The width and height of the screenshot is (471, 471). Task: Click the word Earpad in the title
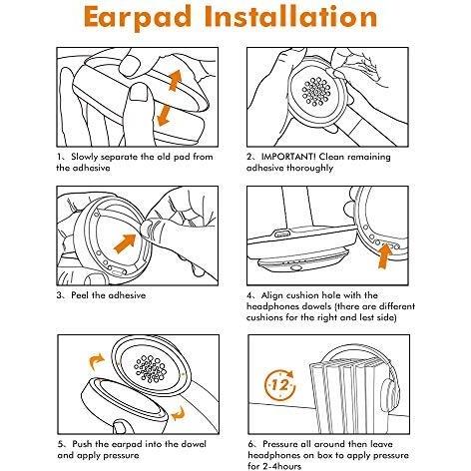tap(138, 17)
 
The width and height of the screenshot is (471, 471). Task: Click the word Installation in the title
tap(291, 16)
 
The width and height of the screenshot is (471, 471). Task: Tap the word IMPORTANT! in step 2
tap(288, 157)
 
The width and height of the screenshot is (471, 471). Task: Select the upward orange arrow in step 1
tap(175, 80)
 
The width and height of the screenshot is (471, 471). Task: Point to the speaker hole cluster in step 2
tap(316, 92)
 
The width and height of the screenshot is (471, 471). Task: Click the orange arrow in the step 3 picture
tap(125, 243)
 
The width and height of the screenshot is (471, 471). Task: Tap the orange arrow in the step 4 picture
tap(385, 256)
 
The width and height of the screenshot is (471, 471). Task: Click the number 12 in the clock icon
tap(279, 385)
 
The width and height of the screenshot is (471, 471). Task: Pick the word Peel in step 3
tap(80, 295)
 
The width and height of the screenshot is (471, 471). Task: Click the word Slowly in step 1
tap(84, 157)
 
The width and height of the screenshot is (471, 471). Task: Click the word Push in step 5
tap(82, 444)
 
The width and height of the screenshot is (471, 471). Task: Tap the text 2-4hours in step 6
tap(282, 466)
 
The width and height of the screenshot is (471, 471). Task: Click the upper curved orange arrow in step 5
tap(97, 361)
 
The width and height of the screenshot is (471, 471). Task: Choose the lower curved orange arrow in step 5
tap(179, 414)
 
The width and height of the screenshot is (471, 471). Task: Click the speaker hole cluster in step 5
tap(150, 368)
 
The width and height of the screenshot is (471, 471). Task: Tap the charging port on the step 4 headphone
tap(282, 233)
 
